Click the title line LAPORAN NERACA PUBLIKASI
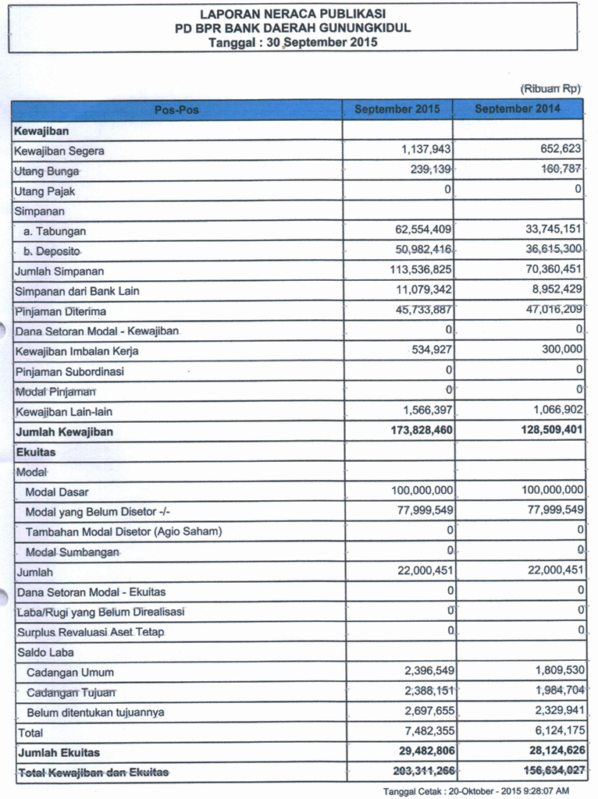[x=293, y=14]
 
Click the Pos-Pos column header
[x=176, y=110]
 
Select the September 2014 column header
[x=517, y=109]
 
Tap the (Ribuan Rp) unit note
[x=551, y=90]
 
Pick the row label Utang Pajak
[x=45, y=191]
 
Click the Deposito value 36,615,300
[x=552, y=250]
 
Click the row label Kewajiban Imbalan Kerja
[x=77, y=351]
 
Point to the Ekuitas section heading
[x=35, y=452]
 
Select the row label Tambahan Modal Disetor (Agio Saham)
[x=124, y=531]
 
